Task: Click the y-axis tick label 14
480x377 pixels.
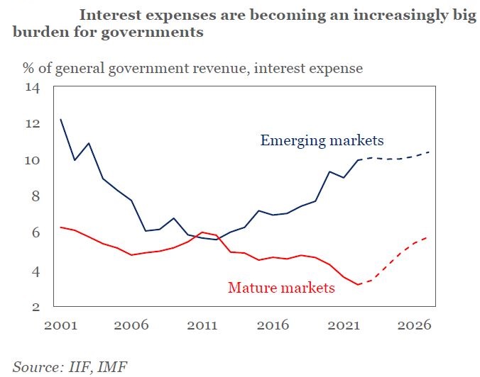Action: tap(32, 87)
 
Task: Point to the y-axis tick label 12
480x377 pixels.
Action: tap(32, 123)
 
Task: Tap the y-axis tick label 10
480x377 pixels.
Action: tap(32, 160)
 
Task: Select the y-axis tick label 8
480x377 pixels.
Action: tap(36, 196)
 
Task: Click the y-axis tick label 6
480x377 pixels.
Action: tap(36, 233)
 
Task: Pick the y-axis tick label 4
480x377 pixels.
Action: tap(36, 271)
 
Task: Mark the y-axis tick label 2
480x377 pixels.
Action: tap(36, 307)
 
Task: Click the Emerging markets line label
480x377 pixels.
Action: tap(322, 140)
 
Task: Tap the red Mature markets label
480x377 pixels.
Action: tap(281, 288)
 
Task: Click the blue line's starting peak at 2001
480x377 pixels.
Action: tap(61, 119)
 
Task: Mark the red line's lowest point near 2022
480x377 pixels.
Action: tap(359, 285)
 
